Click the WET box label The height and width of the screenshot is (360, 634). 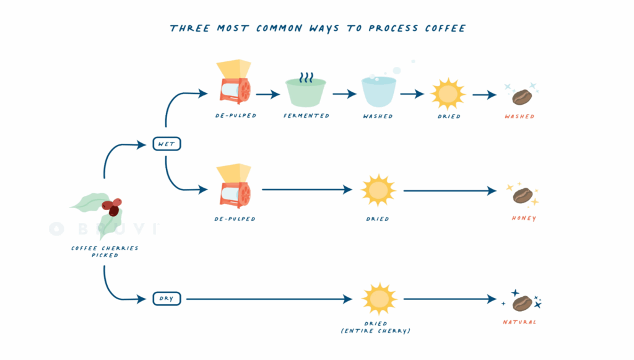click(x=167, y=144)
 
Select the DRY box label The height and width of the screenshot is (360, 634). click(x=167, y=299)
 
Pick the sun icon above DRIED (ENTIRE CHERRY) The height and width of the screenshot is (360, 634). click(x=378, y=299)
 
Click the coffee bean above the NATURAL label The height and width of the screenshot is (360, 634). click(x=522, y=303)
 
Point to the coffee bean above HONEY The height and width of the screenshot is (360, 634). click(x=523, y=195)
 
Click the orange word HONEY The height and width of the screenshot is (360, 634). click(x=524, y=218)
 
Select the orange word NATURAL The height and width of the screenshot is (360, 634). click(x=519, y=322)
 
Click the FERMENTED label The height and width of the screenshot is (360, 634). click(x=306, y=116)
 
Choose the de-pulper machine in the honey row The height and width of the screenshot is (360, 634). click(x=233, y=186)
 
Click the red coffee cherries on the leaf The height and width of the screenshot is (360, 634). click(x=112, y=207)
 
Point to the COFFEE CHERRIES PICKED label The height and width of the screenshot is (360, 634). click(x=104, y=252)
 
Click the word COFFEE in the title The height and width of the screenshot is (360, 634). click(x=442, y=29)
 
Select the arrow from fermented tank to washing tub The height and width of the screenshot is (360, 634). click(x=344, y=94)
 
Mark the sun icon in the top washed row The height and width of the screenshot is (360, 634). click(x=448, y=94)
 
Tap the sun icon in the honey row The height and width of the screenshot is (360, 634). click(x=378, y=190)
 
